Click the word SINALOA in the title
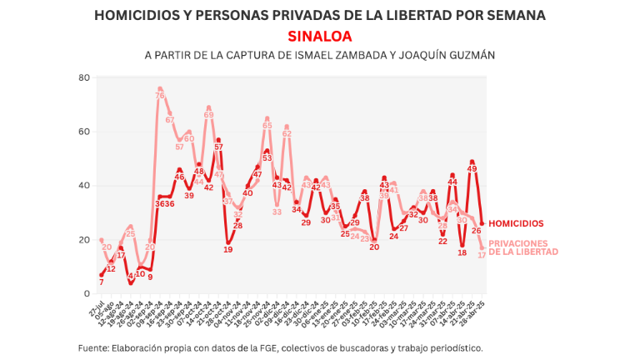tap(320, 37)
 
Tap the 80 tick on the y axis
tap(83, 77)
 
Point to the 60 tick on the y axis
tap(83, 132)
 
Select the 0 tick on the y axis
tap(87, 293)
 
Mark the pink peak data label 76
tap(159, 96)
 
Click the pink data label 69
tap(208, 115)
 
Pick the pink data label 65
tap(267, 126)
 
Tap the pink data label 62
tap(287, 133)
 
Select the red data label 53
tap(267, 157)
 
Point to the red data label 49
tap(472, 169)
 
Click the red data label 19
tap(228, 250)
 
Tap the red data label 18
tap(462, 252)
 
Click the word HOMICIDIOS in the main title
tap(136, 16)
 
